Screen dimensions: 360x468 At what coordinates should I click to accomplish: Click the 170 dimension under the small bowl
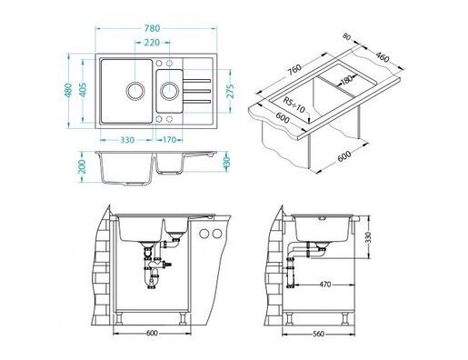point(170,140)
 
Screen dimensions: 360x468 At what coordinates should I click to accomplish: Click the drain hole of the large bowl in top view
point(135,91)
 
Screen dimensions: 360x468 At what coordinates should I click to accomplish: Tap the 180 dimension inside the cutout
point(348,81)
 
